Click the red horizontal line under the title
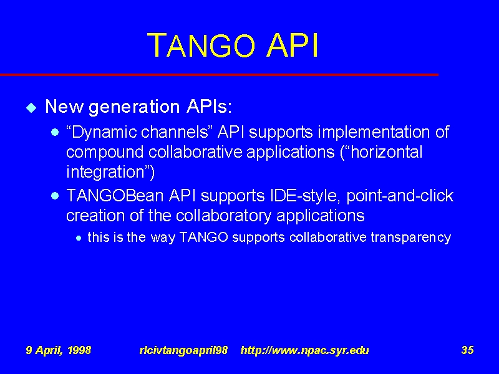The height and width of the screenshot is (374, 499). pos(220,75)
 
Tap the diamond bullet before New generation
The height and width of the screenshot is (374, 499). pos(31,107)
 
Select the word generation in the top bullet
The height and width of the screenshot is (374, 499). pos(134,107)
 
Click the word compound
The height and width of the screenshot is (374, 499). pos(105,152)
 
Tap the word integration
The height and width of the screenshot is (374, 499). pos(105,172)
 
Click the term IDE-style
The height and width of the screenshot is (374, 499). pos(303,196)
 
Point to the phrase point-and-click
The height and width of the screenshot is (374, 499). pos(400,196)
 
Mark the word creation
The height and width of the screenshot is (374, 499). pos(96,215)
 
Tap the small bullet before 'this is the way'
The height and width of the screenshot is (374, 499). pos(79,237)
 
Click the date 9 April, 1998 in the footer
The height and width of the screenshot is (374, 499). pos(59,350)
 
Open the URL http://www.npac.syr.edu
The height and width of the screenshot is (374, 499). pos(305,350)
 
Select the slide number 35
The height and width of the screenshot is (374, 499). pos(467,350)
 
